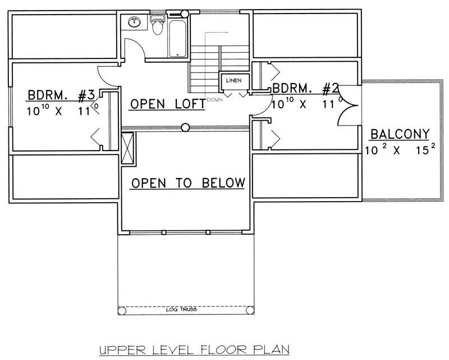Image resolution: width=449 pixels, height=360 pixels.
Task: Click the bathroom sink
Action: [135, 22]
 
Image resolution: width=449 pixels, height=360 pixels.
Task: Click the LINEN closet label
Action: [233, 81]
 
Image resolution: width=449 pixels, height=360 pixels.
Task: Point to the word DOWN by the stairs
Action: [214, 99]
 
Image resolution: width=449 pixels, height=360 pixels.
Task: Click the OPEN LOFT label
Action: [167, 104]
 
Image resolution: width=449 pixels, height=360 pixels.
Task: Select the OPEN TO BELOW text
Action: [188, 183]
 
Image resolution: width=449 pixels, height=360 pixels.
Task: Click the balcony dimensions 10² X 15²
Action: [399, 150]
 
